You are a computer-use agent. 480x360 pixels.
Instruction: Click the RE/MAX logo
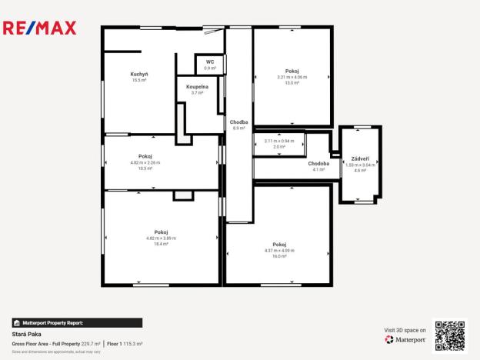coord(40,28)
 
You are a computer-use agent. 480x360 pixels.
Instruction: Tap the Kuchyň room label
coord(139,74)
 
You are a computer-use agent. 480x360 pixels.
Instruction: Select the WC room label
coord(209,62)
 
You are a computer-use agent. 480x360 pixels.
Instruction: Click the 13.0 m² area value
coord(292,83)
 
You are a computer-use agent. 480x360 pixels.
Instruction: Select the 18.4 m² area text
coord(161,244)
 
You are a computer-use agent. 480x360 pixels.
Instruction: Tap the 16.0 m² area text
coord(279,256)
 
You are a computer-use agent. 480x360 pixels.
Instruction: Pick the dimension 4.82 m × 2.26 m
coord(145,162)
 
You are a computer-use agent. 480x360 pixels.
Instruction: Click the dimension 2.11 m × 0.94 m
coord(279,141)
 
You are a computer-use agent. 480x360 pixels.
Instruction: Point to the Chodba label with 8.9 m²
coord(238,122)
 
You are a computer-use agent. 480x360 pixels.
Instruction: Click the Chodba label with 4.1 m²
coord(318,163)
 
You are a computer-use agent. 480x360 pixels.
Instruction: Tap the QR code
coord(450,335)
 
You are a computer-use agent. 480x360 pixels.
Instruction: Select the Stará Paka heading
coord(26,335)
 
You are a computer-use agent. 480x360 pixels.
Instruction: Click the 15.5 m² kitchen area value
coord(139,80)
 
